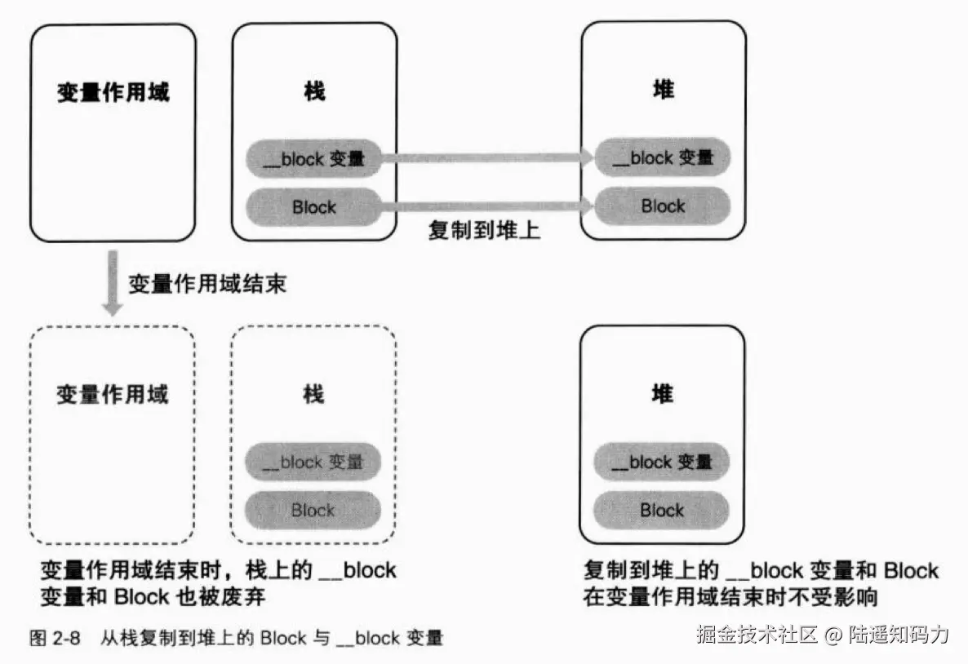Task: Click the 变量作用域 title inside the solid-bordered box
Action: coord(113,92)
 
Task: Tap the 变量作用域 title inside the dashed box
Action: coord(113,396)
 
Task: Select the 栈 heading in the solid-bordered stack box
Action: coord(314,91)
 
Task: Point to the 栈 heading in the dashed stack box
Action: coord(313,395)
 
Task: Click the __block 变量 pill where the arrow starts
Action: coord(313,160)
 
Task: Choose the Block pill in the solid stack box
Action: coord(313,207)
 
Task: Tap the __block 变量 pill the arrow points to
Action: coord(662,158)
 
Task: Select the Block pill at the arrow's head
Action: coord(662,206)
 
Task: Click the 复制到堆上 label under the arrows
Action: coord(485,231)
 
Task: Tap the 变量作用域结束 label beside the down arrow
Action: coord(207,285)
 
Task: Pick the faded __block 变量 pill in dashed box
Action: coord(313,463)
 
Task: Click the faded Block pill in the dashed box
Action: coord(313,511)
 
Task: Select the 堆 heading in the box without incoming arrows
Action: coord(662,395)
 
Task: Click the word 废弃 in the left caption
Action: coord(246,596)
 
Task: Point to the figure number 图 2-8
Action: coord(55,638)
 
